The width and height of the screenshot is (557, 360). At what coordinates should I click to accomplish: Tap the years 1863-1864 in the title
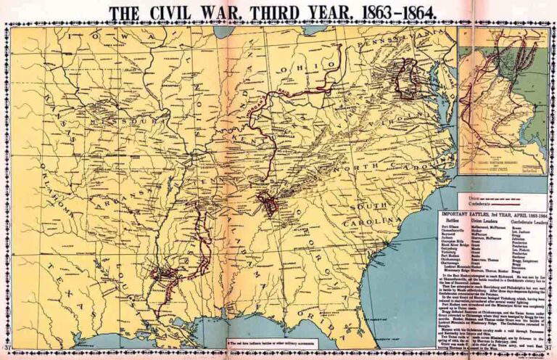(x=400, y=12)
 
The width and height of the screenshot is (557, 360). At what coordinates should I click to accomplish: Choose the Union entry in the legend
(x=479, y=197)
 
